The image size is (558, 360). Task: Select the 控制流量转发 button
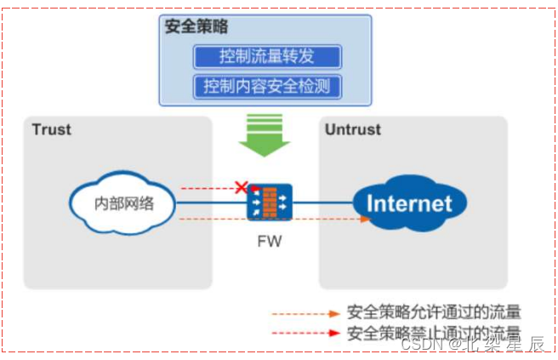click(267, 57)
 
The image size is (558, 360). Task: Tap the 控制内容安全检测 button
click(267, 86)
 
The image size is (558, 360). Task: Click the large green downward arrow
click(265, 137)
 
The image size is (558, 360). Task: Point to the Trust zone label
click(51, 130)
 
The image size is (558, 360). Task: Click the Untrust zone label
click(352, 130)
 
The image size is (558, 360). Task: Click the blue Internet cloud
click(410, 203)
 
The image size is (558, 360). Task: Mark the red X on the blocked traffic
click(242, 186)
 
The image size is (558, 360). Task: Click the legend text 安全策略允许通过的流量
click(434, 312)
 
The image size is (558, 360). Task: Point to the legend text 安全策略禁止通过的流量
click(434, 333)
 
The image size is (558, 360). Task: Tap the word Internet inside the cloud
click(410, 204)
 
